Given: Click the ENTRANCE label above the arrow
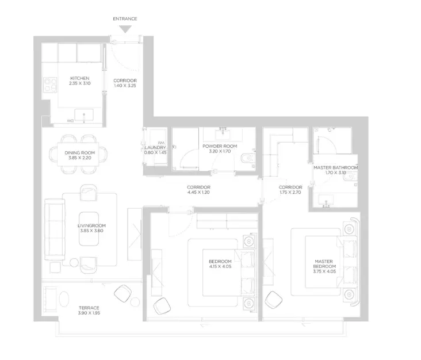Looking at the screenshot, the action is click(x=125, y=19).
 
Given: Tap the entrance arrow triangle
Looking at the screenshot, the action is click(x=125, y=29).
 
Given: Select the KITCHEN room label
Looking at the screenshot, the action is click(x=80, y=78).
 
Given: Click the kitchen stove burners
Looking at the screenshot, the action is click(x=50, y=85).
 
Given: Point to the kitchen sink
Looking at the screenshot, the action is click(x=84, y=115).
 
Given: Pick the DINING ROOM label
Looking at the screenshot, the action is click(x=80, y=153).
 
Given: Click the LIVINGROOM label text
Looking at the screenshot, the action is click(x=92, y=225).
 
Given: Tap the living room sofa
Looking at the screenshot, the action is click(x=55, y=229).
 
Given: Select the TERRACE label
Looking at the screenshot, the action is click(x=89, y=308).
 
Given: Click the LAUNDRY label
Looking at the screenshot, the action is click(x=155, y=148).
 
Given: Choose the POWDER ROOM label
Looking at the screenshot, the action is click(x=220, y=146).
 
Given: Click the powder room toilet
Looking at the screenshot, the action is click(x=247, y=159).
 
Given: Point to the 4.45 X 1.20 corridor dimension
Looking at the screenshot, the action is click(x=198, y=192).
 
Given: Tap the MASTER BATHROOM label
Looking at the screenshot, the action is click(x=336, y=167).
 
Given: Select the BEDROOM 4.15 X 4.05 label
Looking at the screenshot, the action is click(x=220, y=264).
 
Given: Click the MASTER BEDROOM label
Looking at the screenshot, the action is click(x=324, y=266).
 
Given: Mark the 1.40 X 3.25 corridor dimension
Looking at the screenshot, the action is click(x=125, y=86).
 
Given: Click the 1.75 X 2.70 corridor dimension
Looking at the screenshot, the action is click(x=290, y=192).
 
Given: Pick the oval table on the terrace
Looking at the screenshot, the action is click(x=64, y=299).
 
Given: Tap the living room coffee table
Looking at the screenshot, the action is click(x=89, y=229).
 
